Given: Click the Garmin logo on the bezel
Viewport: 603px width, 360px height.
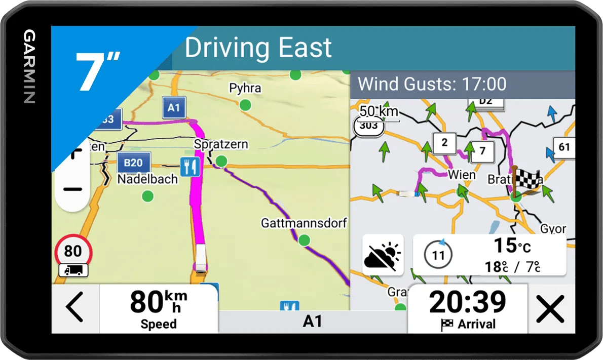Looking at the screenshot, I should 29,67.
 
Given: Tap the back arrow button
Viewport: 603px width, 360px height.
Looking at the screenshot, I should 74,308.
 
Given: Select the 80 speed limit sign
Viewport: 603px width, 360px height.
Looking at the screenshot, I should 73,251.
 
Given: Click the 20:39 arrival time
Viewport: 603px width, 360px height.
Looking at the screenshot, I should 467,303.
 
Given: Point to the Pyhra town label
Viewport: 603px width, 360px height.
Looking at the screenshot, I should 245,88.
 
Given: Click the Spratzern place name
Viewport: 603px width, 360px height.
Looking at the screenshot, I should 221,144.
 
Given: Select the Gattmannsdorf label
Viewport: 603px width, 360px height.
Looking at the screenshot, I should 304,223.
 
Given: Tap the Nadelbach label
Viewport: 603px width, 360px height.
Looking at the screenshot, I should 147,179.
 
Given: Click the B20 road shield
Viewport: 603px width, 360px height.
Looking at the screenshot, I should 133,163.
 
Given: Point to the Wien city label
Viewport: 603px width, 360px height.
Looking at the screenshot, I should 462,175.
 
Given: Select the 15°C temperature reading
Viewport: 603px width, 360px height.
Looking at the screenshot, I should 512,246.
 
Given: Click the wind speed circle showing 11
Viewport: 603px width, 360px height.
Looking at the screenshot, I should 437,254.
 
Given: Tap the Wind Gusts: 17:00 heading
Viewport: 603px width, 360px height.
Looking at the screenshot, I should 432,84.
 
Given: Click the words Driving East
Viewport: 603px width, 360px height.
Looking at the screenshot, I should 258,48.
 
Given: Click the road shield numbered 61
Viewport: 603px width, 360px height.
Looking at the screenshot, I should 564,147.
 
